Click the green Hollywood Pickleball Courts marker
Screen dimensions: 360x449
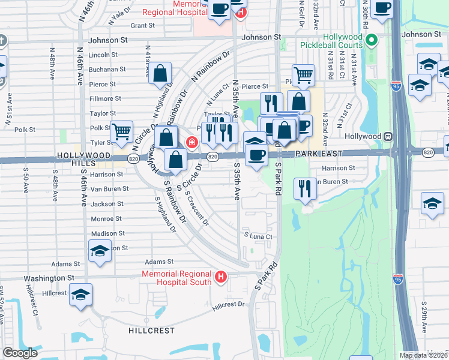click(x=372, y=41)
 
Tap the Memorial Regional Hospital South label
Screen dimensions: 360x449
click(x=176, y=278)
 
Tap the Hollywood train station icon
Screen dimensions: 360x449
click(x=388, y=136)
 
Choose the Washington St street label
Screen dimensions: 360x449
click(x=49, y=278)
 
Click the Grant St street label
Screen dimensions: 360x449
click(x=143, y=26)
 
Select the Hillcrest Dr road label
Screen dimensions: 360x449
click(x=229, y=304)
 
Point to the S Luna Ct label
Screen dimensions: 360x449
click(x=258, y=236)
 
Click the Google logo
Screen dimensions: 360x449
click(x=20, y=353)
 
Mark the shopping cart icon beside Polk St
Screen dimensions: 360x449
click(x=122, y=130)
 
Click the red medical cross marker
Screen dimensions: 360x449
click(x=191, y=142)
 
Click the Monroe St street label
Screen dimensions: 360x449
click(x=106, y=219)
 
